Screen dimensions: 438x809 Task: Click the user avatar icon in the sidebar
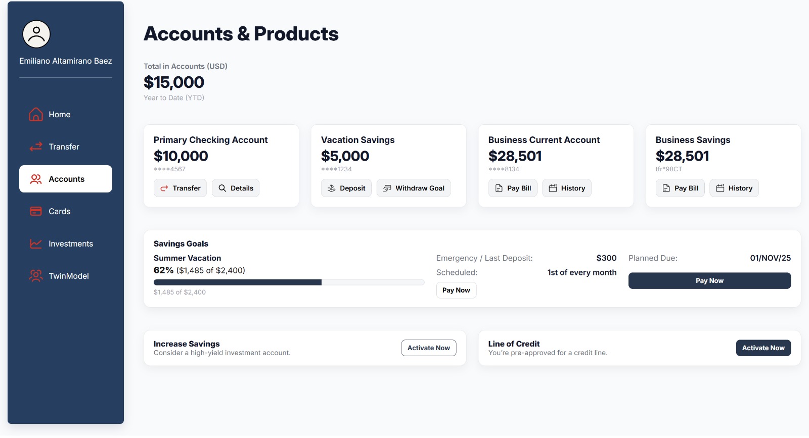pos(36,34)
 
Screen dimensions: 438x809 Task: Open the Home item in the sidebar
pos(59,115)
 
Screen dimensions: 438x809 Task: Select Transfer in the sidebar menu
pos(64,147)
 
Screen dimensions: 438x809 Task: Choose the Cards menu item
pos(59,212)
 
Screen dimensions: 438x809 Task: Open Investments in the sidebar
pos(70,244)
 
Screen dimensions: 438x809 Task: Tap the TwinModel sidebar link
pos(68,276)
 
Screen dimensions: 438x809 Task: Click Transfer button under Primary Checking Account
pos(180,188)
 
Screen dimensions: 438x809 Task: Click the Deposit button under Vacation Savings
pos(346,188)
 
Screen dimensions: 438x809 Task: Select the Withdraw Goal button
pos(414,188)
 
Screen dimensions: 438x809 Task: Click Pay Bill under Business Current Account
pos(513,188)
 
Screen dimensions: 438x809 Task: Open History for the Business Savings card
pos(734,188)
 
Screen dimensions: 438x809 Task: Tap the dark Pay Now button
pos(709,281)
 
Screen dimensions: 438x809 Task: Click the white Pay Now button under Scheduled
pos(456,290)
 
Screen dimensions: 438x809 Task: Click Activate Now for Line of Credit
pos(763,348)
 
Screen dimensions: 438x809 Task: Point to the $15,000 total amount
pos(174,82)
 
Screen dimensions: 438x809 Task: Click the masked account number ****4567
pos(169,169)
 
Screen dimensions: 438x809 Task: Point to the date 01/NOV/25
pos(770,258)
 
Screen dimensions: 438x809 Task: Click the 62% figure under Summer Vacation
pos(163,270)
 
